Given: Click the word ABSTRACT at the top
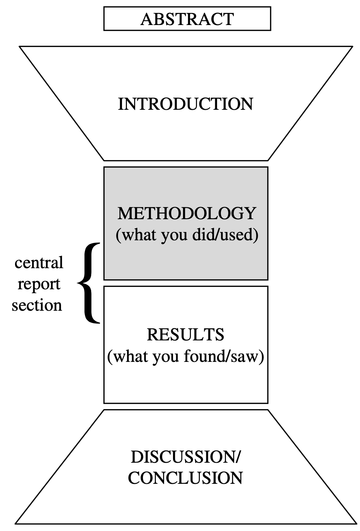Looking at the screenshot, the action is [187, 19].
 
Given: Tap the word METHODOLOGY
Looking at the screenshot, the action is [187, 213].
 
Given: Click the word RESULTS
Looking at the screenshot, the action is [186, 335].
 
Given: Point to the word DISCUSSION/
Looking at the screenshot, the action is [186, 457].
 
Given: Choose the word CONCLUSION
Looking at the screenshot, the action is [185, 478].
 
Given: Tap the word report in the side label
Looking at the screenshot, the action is [39, 285].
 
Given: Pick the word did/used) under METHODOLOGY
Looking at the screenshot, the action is [225, 235].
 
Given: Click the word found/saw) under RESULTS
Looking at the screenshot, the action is [224, 356].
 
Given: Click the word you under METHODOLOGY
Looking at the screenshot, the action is [174, 237].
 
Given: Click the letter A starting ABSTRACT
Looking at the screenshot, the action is [146, 19].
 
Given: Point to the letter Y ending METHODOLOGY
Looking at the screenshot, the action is [250, 213].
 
